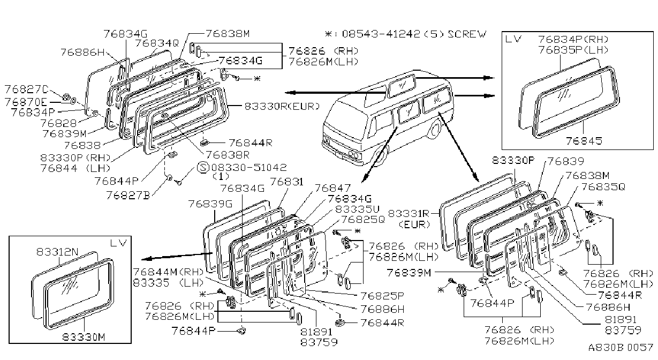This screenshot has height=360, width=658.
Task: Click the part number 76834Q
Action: coord(157,43)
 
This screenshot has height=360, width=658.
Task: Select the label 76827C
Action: coord(26,89)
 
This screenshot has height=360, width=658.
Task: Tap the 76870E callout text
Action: coord(26,102)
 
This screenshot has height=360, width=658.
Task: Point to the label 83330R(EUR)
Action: coord(282,106)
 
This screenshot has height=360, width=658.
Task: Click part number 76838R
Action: coord(228,155)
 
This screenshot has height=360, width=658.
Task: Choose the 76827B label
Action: coord(128,195)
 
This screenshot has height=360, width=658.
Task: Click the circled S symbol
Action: coord(203,168)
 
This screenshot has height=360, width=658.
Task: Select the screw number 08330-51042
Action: coord(249,168)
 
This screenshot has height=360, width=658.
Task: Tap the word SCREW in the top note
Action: coord(467,34)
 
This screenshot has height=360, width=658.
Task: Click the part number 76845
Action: coord(584,141)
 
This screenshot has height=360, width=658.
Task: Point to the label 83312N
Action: coord(58,252)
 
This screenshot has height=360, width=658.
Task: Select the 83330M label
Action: coord(84,337)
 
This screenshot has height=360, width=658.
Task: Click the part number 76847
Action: coord(333,188)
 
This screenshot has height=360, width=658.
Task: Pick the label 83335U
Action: coord(358,209)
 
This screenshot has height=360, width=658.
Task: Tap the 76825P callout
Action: coord(382,296)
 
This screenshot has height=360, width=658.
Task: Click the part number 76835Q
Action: coord(603,186)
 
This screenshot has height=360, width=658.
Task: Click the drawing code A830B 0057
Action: coord(621,347)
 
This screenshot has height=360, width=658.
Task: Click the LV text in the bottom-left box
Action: coord(118,243)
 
